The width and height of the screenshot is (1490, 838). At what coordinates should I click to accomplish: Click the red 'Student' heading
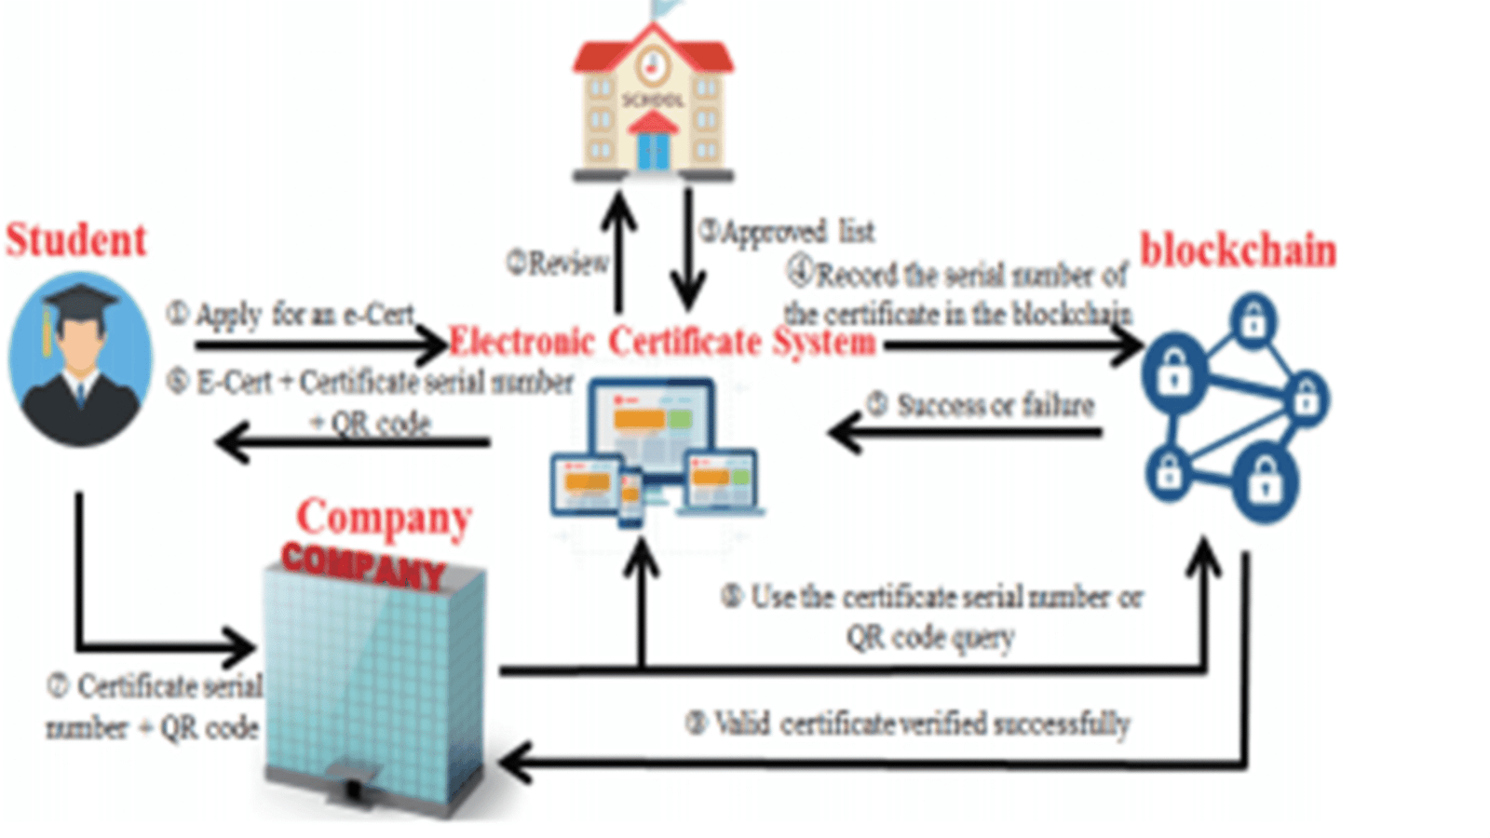click(76, 239)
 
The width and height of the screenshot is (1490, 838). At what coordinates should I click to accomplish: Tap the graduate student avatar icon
click(80, 358)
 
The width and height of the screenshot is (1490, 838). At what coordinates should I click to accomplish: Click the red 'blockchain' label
click(1238, 250)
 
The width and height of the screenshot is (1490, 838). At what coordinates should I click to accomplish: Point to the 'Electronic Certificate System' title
click(661, 342)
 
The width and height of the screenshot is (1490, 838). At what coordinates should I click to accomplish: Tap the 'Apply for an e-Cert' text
click(291, 315)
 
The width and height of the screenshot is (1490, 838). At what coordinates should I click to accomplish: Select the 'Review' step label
click(558, 264)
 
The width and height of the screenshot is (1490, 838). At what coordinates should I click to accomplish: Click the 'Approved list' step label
click(788, 231)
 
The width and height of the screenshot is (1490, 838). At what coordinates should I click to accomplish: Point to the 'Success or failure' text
click(982, 405)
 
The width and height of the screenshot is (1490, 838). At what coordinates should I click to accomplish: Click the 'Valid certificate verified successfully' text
click(909, 723)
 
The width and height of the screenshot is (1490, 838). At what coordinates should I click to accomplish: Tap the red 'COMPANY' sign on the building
click(363, 561)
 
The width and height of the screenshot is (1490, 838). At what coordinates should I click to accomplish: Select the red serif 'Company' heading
click(384, 518)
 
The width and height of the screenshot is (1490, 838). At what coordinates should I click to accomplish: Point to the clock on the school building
click(653, 63)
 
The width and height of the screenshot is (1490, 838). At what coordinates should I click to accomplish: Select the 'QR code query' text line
click(929, 638)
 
